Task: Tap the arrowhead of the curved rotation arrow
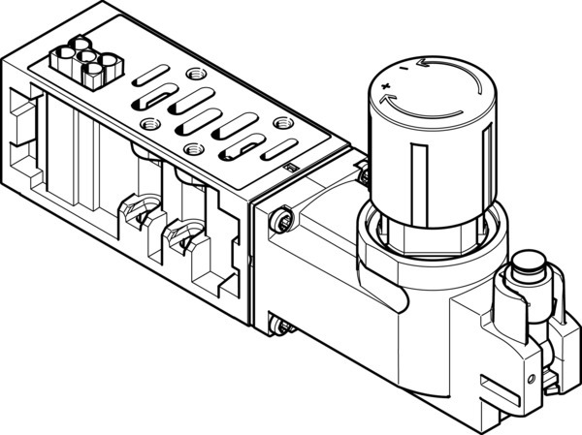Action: pos(419,63)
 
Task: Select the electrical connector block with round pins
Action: pos(83,62)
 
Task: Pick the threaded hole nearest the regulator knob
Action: pos(281,123)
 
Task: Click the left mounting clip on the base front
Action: pos(133,211)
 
